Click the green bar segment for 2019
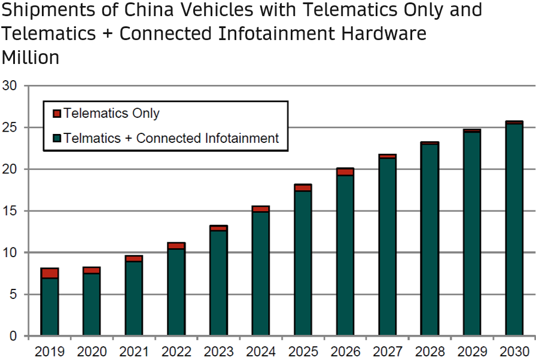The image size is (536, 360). tap(50, 306)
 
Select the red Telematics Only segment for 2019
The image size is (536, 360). tap(50, 273)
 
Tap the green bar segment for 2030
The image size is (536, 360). tap(514, 230)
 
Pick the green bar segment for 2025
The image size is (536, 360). tap(303, 263)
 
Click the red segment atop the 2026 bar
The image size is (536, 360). tap(345, 172)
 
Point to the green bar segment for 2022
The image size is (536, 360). tap(176, 292)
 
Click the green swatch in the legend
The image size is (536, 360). tap(57, 139)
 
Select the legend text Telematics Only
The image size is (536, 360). tap(111, 113)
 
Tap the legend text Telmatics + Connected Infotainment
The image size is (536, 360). tap(171, 138)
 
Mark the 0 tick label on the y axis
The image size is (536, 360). tap(13, 336)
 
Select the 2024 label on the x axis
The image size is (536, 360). tap(261, 350)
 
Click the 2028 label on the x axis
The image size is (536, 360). tap(430, 350)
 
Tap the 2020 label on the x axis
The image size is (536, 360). tap(92, 350)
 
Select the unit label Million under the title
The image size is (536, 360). tap(31, 57)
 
